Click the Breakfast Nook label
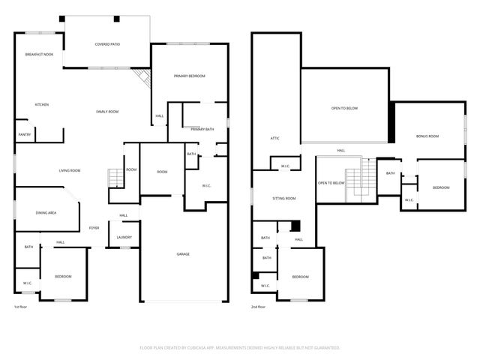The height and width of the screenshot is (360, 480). pos(39,55)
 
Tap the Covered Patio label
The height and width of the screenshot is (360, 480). pos(107,44)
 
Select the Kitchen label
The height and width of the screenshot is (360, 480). pos(42,104)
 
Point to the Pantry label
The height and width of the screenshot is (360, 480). pos(24,134)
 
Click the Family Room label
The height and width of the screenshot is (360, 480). pos(107,112)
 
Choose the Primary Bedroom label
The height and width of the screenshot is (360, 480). pos(190,76)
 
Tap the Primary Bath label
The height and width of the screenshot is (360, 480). pos(202,130)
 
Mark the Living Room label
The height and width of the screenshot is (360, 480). pos(70,170)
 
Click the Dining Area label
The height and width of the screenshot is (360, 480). pos(46,213)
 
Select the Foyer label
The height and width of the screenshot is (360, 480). pos(94,228)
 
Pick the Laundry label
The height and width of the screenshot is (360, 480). pos(124,238)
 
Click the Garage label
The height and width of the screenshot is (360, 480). pos(183,254)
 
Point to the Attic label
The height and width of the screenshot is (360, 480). pos(275,138)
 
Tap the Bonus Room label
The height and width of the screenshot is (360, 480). pos(427,136)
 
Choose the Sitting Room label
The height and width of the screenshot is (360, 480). pos(283,198)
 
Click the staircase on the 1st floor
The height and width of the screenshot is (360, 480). pos(115,178)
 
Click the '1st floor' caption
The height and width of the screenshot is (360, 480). pos(22,307)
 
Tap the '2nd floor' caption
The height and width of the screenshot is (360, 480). pos(259,307)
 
